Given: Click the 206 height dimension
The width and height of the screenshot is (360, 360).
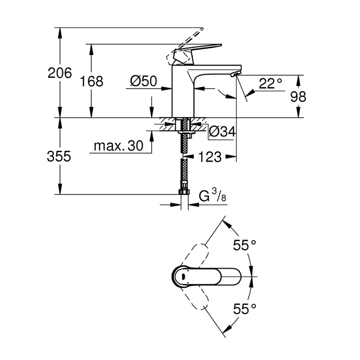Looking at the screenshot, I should [60, 73].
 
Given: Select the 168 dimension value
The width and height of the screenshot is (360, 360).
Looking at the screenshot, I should [91, 81].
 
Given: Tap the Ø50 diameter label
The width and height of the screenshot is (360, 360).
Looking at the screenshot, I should [143, 81].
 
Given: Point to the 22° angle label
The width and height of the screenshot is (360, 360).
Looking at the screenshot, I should [270, 83].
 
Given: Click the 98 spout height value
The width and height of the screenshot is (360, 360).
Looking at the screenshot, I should [298, 97].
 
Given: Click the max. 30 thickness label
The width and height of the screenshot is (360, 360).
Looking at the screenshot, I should [119, 146].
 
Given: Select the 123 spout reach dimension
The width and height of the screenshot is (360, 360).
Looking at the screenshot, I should [210, 157].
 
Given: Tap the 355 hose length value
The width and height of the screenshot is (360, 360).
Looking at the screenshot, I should [59, 156].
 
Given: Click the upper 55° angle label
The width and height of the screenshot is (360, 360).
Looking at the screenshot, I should [245, 244].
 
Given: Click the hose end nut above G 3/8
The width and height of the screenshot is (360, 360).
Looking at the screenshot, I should [184, 192].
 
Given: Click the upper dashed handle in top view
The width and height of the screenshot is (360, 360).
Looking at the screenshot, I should [196, 254].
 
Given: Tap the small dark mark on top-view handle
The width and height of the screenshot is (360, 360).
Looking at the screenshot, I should [182, 277].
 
